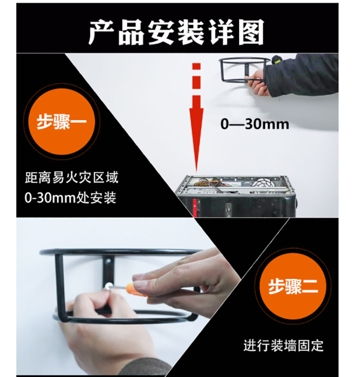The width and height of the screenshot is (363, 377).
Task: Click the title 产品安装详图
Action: pos(176,33)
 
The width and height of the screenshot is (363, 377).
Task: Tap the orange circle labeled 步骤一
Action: pos(62,121)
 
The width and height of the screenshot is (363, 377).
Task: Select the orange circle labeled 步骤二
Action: pos(293,286)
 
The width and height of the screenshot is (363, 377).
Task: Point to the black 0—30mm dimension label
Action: pos(255,124)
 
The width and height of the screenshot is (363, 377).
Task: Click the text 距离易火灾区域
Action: pos(72,178)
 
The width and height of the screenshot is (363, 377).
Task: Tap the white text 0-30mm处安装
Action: pos(70,198)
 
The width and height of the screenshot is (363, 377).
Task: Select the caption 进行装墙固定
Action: pos(283,345)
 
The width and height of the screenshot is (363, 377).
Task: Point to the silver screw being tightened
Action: pos(108,286)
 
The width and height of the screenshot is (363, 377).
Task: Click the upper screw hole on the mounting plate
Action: pos(108,261)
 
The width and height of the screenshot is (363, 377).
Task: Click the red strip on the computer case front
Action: pos(195,207)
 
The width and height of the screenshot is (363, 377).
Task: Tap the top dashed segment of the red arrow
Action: pos(196,66)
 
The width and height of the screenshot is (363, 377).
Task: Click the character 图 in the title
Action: pos(251,33)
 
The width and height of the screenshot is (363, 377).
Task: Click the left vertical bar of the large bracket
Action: pos(59,286)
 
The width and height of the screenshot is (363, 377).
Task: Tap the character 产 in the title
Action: pos(102,33)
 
